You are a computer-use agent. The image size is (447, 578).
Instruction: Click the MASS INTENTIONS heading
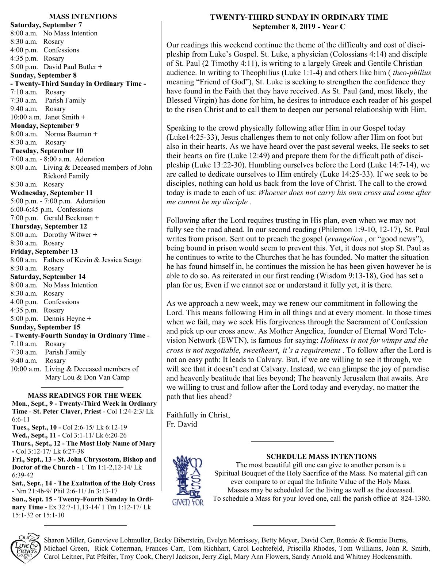pyautogui.click(x=83, y=16)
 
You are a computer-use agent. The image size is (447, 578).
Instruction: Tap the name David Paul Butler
pyautogui.click(x=70, y=67)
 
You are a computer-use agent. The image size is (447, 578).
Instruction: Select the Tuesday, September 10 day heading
pyautogui.click(x=47, y=151)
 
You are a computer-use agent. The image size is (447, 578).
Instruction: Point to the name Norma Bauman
pyautogui.click(x=68, y=134)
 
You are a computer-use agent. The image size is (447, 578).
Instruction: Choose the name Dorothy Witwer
pyautogui.click(x=67, y=235)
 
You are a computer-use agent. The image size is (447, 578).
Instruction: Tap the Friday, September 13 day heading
pyautogui.click(x=44, y=251)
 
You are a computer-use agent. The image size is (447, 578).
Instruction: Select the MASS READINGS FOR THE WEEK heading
pyautogui.click(x=84, y=396)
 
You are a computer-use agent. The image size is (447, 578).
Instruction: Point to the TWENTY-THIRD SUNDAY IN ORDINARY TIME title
pyautogui.click(x=299, y=17)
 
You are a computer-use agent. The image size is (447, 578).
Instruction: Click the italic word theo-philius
pyautogui.click(x=412, y=73)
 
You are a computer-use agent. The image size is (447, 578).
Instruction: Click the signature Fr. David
pyautogui.click(x=182, y=424)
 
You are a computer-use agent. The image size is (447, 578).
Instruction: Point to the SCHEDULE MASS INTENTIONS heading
pyautogui.click(x=321, y=456)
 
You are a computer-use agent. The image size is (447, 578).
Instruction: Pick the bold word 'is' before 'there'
pyautogui.click(x=370, y=285)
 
